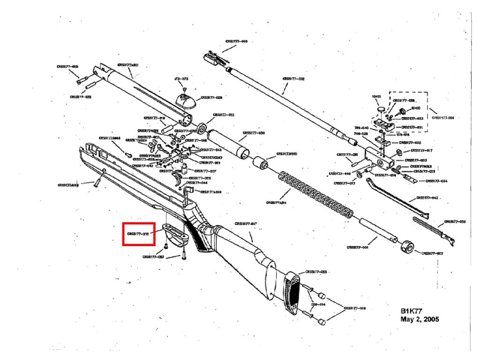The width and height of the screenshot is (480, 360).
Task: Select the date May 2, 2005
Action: pyautogui.click(x=420, y=319)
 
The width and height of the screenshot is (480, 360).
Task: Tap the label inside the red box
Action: pyautogui.click(x=139, y=233)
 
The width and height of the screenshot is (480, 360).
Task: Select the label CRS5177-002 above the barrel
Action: pyautogui.click(x=293, y=79)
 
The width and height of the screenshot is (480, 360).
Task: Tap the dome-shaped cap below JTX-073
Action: pyautogui.click(x=185, y=99)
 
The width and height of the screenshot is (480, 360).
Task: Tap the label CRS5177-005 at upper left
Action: pyautogui.click(x=67, y=67)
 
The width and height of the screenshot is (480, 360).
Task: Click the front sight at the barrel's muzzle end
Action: pyautogui.click(x=210, y=58)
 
